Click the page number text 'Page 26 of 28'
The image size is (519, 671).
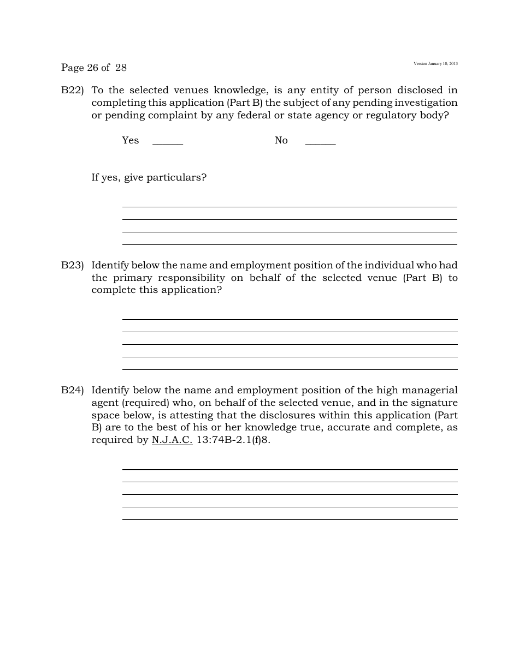tap(94, 68)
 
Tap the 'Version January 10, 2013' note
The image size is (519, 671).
tap(435, 64)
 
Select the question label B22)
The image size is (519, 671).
tap(72, 90)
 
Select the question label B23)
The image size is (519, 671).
tap(72, 265)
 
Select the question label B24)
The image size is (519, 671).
tap(72, 390)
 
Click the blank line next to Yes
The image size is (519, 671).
tap(168, 143)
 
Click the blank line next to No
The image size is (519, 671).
tap(320, 143)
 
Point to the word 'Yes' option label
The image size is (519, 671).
tap(131, 140)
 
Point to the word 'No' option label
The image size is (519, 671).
tap(281, 140)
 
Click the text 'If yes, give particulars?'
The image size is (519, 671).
tap(149, 177)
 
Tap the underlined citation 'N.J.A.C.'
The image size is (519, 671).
tap(172, 440)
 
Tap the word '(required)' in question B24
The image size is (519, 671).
tap(144, 403)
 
